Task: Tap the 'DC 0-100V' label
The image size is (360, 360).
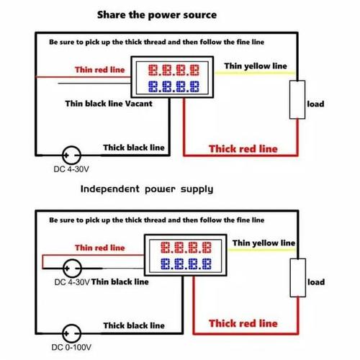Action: [x=71, y=350]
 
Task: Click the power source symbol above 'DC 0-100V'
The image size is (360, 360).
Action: [x=71, y=333]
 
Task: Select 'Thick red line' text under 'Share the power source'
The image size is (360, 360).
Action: [x=243, y=149]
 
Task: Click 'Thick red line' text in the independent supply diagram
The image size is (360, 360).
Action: [x=243, y=323]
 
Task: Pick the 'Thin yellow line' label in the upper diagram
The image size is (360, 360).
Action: [x=255, y=66]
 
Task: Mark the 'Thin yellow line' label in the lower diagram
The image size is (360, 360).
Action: [x=264, y=243]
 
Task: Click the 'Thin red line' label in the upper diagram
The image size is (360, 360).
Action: [x=100, y=70]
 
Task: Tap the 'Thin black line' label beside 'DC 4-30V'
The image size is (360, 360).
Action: [x=120, y=282]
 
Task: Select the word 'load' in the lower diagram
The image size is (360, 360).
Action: [x=316, y=282]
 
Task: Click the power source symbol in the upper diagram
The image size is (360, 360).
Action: [x=71, y=154]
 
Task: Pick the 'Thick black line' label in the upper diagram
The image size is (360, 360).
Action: [x=134, y=148]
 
